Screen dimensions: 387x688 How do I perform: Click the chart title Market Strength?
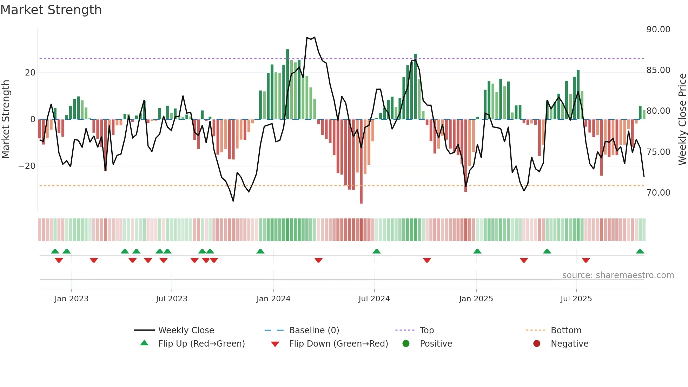pyautogui.click(x=51, y=10)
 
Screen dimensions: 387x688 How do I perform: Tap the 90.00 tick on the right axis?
pyautogui.click(x=658, y=29)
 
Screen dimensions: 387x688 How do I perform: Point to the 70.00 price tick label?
pyautogui.click(x=658, y=193)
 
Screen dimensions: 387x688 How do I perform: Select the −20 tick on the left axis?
pyautogui.click(x=27, y=166)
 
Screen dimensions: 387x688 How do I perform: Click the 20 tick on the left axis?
pyautogui.click(x=30, y=73)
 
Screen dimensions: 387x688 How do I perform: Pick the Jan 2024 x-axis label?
pyautogui.click(x=273, y=299)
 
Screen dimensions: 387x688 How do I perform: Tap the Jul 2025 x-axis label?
pyautogui.click(x=576, y=299)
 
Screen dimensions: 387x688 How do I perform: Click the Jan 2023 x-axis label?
pyautogui.click(x=71, y=299)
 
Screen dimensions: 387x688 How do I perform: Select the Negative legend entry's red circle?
pyautogui.click(x=536, y=344)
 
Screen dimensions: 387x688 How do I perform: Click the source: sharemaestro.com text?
pyautogui.click(x=618, y=275)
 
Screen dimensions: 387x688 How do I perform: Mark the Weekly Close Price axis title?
pyautogui.click(x=682, y=119)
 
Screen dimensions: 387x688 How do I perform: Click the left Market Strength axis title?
pyautogui.click(x=6, y=119)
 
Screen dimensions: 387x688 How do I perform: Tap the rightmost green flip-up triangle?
pyautogui.click(x=640, y=251)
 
